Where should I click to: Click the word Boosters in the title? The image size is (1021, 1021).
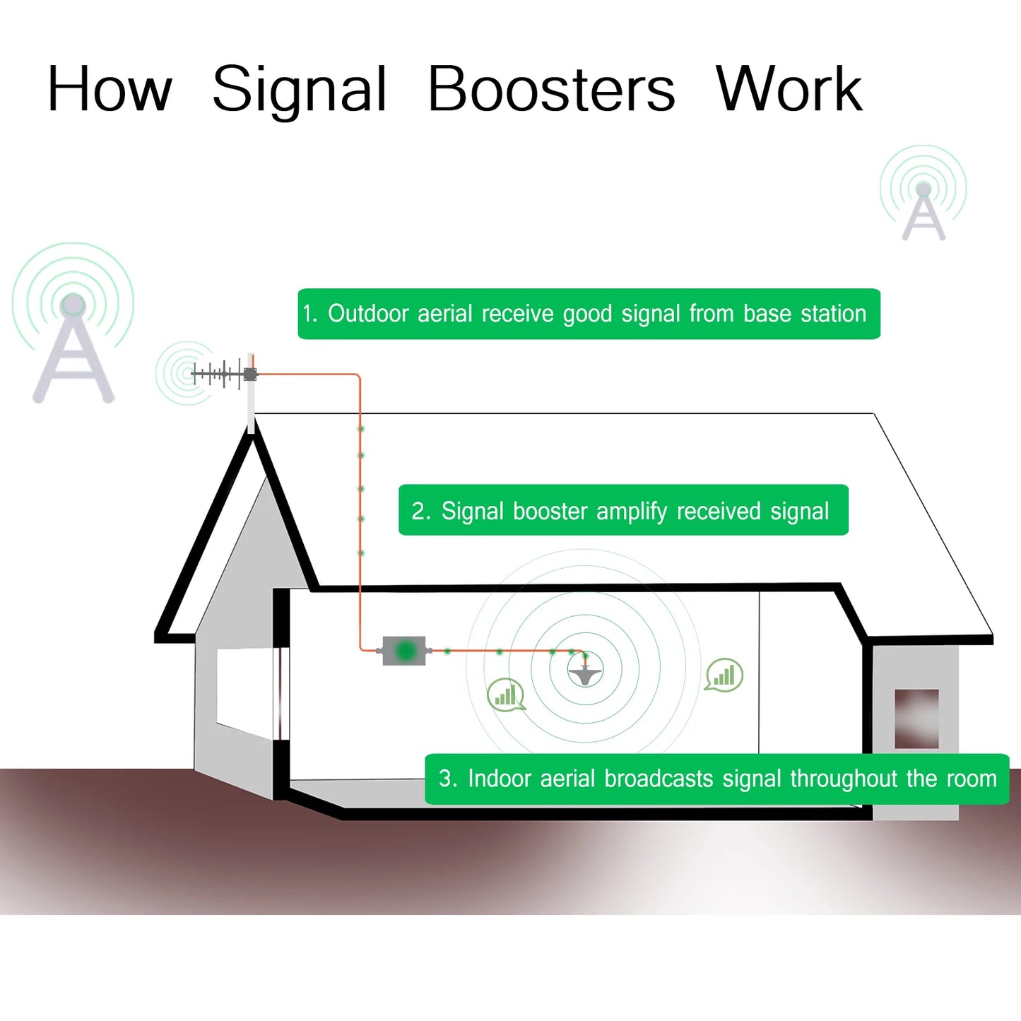551,90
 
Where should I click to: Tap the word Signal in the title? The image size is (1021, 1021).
300,90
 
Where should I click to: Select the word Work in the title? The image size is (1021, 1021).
789,90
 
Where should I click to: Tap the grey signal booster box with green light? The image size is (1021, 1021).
404,650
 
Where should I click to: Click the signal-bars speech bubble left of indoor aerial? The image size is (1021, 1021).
506,695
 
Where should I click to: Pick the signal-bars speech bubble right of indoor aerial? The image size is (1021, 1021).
724,675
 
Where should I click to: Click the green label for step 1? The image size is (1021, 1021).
589,314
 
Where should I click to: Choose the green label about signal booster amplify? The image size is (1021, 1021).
623,510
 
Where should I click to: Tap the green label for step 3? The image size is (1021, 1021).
716,779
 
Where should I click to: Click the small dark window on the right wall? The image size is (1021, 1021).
916,719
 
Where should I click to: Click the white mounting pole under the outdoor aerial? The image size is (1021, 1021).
251,406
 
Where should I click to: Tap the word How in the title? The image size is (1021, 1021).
110,90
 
